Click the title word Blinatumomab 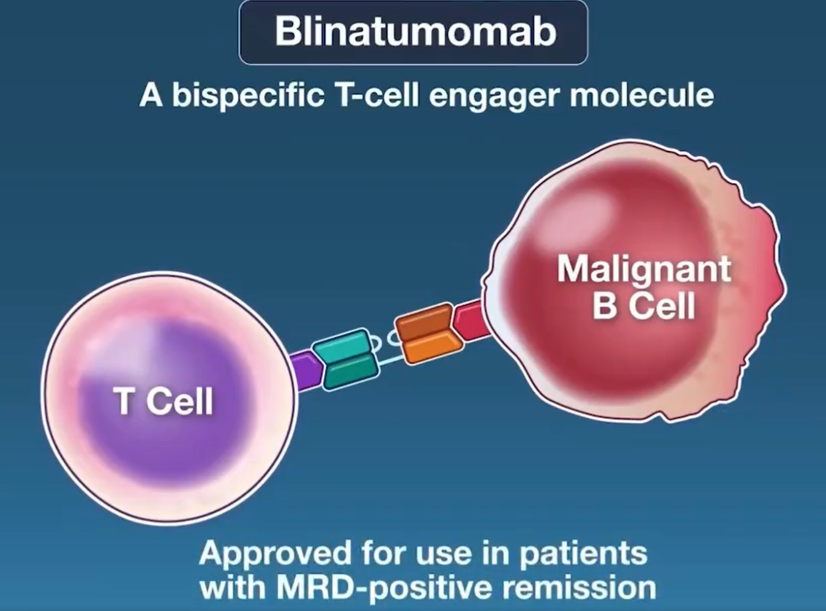tap(415, 31)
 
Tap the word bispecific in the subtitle tap(248, 96)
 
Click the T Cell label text tap(165, 401)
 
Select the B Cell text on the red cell tap(644, 305)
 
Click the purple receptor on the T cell tap(306, 371)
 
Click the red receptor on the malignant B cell tap(471, 320)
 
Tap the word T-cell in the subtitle tap(377, 96)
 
